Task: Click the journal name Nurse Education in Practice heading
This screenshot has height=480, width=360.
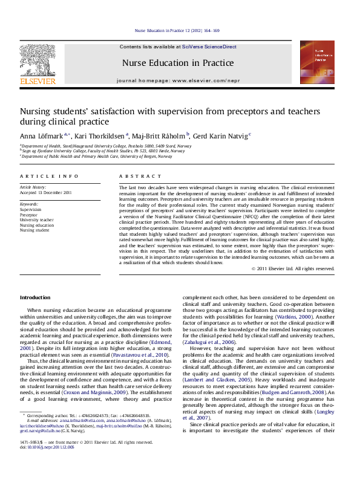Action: point(177,63)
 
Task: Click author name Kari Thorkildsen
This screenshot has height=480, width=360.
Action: point(100,135)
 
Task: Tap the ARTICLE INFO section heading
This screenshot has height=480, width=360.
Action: point(48,176)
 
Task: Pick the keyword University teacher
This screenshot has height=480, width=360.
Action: point(36,220)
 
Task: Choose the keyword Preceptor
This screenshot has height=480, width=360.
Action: point(29,215)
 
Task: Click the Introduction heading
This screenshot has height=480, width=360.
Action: point(35,297)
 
